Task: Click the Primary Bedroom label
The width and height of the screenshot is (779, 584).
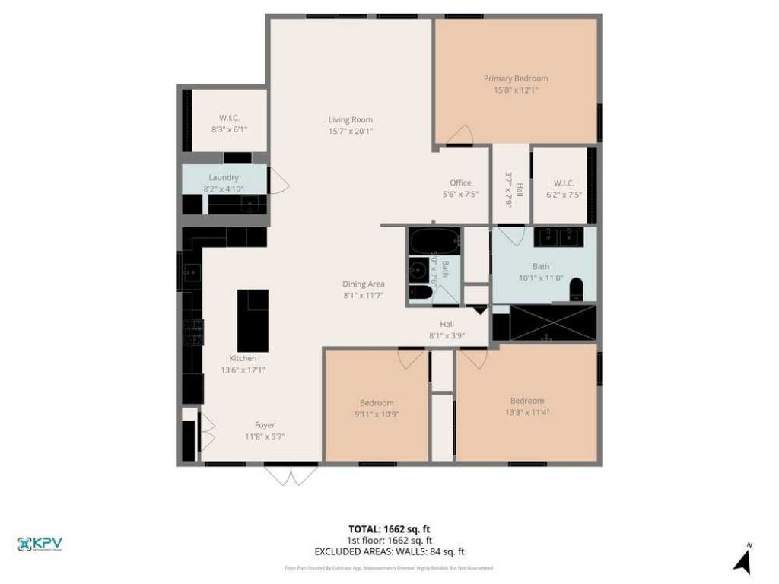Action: pos(515,78)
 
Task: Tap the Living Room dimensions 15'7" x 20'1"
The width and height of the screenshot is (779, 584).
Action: pos(350,131)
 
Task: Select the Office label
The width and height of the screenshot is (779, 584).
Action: pos(460,182)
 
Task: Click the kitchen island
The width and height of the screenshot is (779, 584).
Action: pos(253,320)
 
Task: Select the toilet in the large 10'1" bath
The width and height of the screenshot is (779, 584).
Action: pos(576,289)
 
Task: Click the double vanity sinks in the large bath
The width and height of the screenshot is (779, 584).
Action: pos(558,236)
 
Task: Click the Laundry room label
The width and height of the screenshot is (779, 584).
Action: pos(224,177)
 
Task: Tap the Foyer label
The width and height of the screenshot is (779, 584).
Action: pos(265,425)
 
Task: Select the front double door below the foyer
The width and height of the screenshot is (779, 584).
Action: pos(291,474)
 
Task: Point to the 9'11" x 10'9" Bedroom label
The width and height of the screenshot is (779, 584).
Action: pos(377,403)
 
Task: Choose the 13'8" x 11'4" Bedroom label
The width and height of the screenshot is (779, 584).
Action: pos(526,401)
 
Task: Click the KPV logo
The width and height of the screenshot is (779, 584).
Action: pos(40,544)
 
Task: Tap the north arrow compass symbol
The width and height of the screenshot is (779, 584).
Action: pos(742,561)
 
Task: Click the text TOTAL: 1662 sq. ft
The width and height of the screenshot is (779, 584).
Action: pos(389,529)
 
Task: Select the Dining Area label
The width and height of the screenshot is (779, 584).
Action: pos(363,284)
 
